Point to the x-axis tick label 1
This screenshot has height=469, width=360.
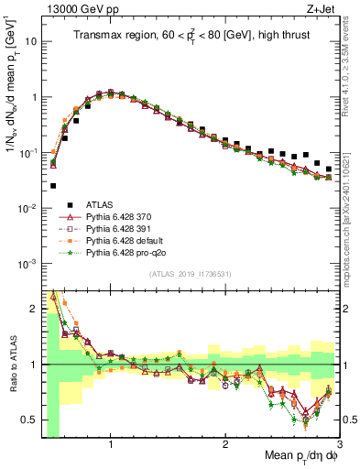point(111,444)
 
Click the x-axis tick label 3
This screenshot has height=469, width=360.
point(340,444)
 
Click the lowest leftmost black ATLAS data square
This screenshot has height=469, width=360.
point(53,186)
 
